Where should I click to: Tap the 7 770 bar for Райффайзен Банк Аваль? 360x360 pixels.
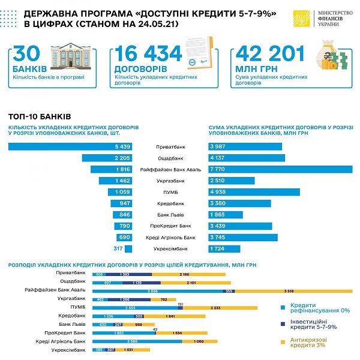pyautogui.click(x=280, y=170)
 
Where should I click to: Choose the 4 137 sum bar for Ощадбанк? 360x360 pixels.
pyautogui.click(x=247, y=158)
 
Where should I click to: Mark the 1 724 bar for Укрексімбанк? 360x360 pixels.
pyautogui.click(x=224, y=248)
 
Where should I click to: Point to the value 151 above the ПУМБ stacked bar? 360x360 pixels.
pyautogui.click(x=181, y=302)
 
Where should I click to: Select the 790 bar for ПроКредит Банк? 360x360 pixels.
pyautogui.click(x=122, y=226)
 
